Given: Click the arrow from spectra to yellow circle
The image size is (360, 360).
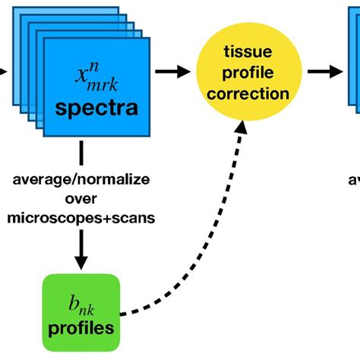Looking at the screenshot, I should point(170,71).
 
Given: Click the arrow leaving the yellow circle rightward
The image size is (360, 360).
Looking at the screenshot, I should point(324,71).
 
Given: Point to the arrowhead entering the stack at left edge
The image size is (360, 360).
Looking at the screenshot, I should point(5,72).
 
